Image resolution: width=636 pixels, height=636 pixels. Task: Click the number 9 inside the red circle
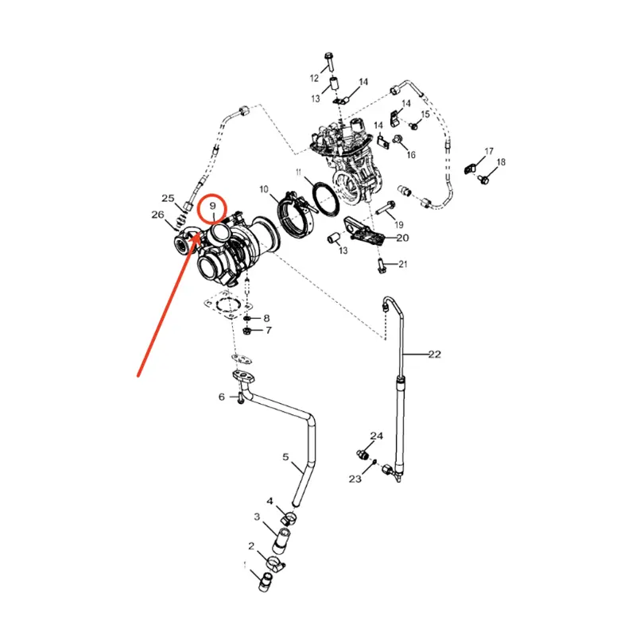click(213, 207)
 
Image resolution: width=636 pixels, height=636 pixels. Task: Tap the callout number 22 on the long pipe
click(433, 354)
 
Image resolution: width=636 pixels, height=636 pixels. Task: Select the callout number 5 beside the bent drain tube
click(285, 457)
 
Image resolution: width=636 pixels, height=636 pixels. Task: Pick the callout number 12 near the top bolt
click(314, 78)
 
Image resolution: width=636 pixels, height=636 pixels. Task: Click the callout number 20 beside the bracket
click(402, 238)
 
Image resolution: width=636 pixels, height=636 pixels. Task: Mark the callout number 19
click(399, 225)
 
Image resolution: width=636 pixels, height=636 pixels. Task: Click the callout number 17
click(490, 151)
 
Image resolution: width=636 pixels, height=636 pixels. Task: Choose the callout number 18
click(501, 162)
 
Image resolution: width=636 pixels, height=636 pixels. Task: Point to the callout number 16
click(411, 155)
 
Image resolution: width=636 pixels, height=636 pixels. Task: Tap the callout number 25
click(168, 198)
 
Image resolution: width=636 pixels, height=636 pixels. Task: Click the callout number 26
click(158, 214)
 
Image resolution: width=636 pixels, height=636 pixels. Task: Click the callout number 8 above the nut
click(266, 318)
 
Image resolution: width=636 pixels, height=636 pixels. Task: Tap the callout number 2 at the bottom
click(251, 546)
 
